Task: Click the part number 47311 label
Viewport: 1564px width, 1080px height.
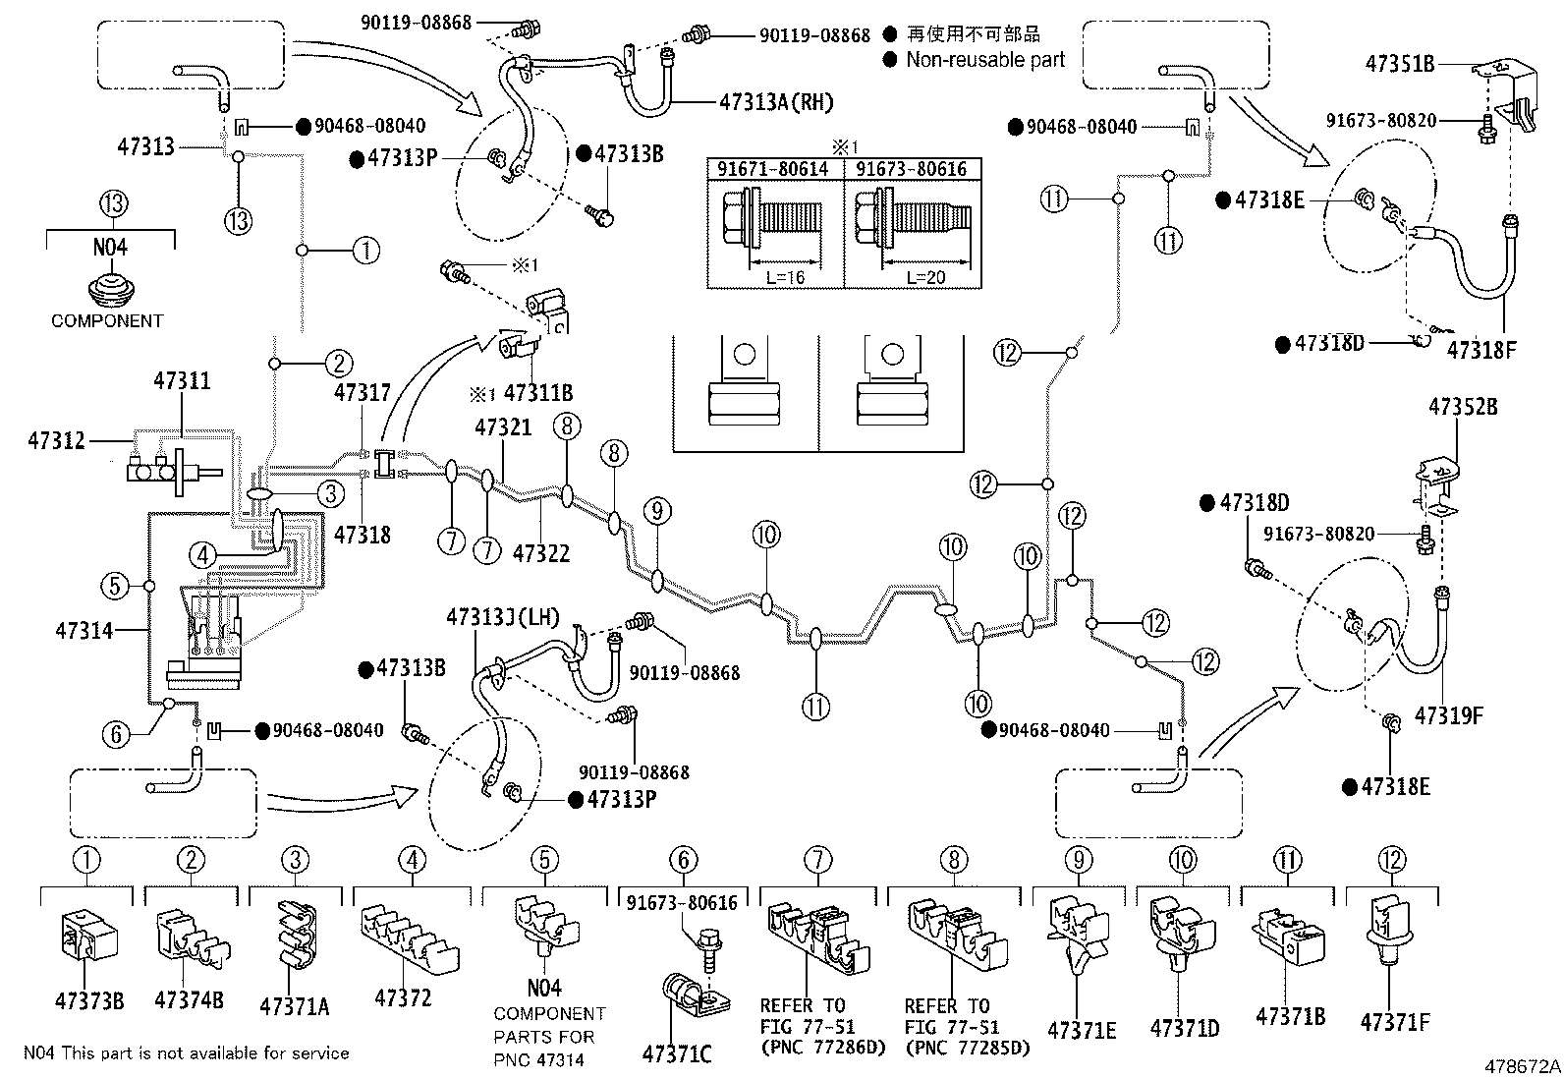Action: pyautogui.click(x=182, y=381)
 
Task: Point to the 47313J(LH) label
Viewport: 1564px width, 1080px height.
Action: pyautogui.click(x=502, y=618)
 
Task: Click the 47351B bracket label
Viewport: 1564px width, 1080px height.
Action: pyautogui.click(x=1400, y=64)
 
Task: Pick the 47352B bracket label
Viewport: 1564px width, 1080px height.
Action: pyautogui.click(x=1463, y=406)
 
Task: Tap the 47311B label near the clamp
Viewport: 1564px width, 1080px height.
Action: pyautogui.click(x=538, y=394)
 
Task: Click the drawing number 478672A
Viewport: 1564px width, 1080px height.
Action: pyautogui.click(x=1522, y=1065)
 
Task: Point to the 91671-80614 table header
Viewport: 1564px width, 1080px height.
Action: pyautogui.click(x=775, y=169)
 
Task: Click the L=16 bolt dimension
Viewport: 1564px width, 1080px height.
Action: pyautogui.click(x=785, y=277)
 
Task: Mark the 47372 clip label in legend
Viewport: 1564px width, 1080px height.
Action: pyautogui.click(x=403, y=998)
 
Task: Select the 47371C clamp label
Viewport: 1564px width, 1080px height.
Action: pyautogui.click(x=677, y=1054)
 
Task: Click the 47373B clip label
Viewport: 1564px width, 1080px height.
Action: pyautogui.click(x=89, y=1001)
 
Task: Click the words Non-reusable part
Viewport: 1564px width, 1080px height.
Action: pyautogui.click(x=985, y=59)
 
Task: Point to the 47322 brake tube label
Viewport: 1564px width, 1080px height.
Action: pyautogui.click(x=541, y=553)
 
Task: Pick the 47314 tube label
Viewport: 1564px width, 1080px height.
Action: pyautogui.click(x=84, y=630)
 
